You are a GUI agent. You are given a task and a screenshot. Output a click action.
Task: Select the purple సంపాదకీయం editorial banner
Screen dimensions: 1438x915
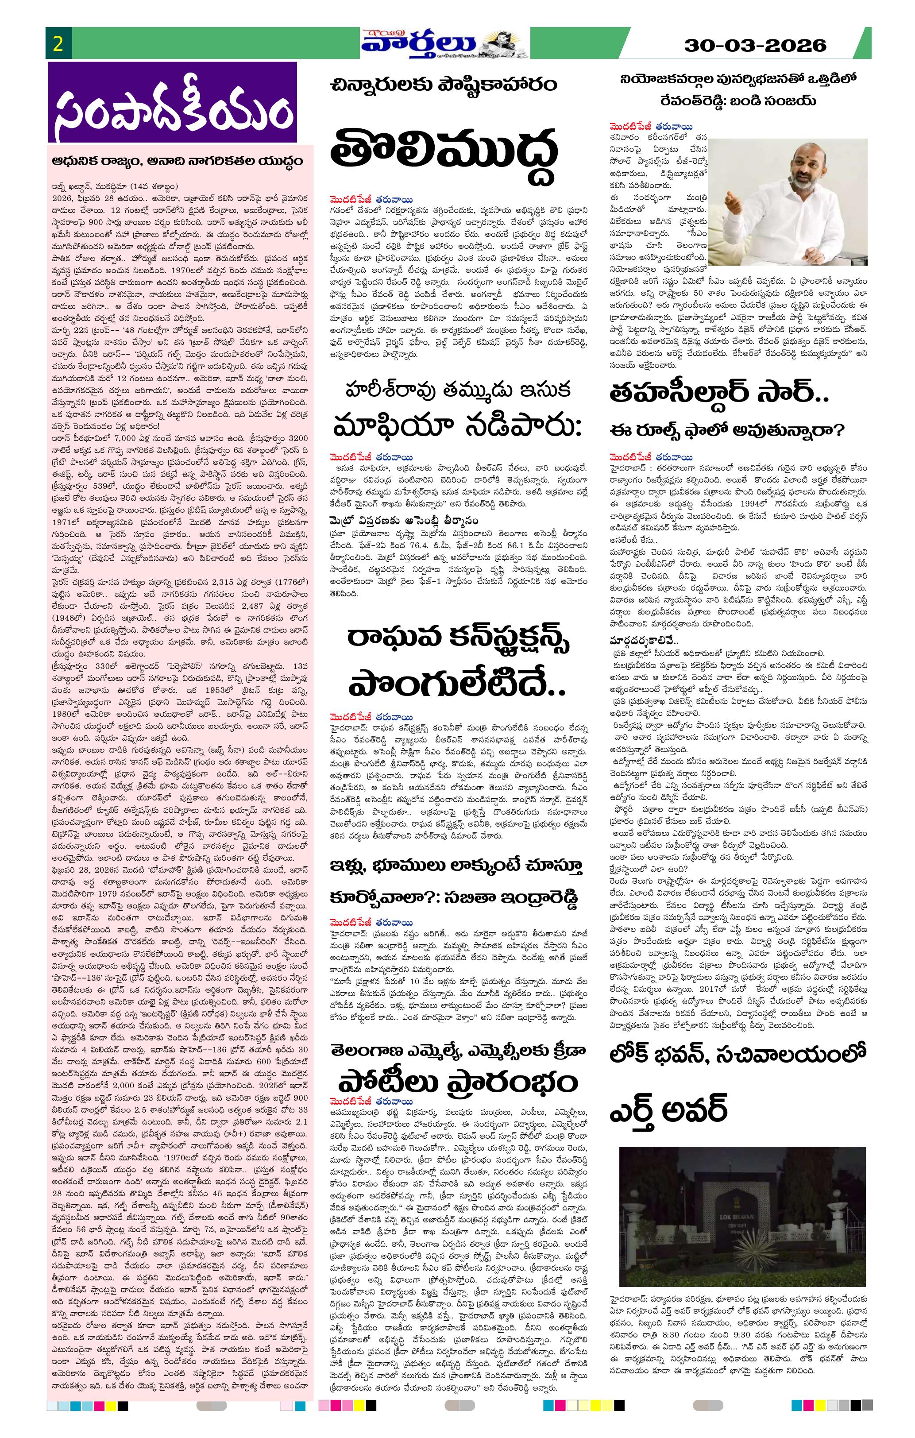(172, 103)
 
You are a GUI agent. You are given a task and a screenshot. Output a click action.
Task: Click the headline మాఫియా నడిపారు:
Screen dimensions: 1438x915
(458, 428)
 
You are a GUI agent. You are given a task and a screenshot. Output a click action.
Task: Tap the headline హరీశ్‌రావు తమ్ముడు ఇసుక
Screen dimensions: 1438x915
(458, 390)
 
